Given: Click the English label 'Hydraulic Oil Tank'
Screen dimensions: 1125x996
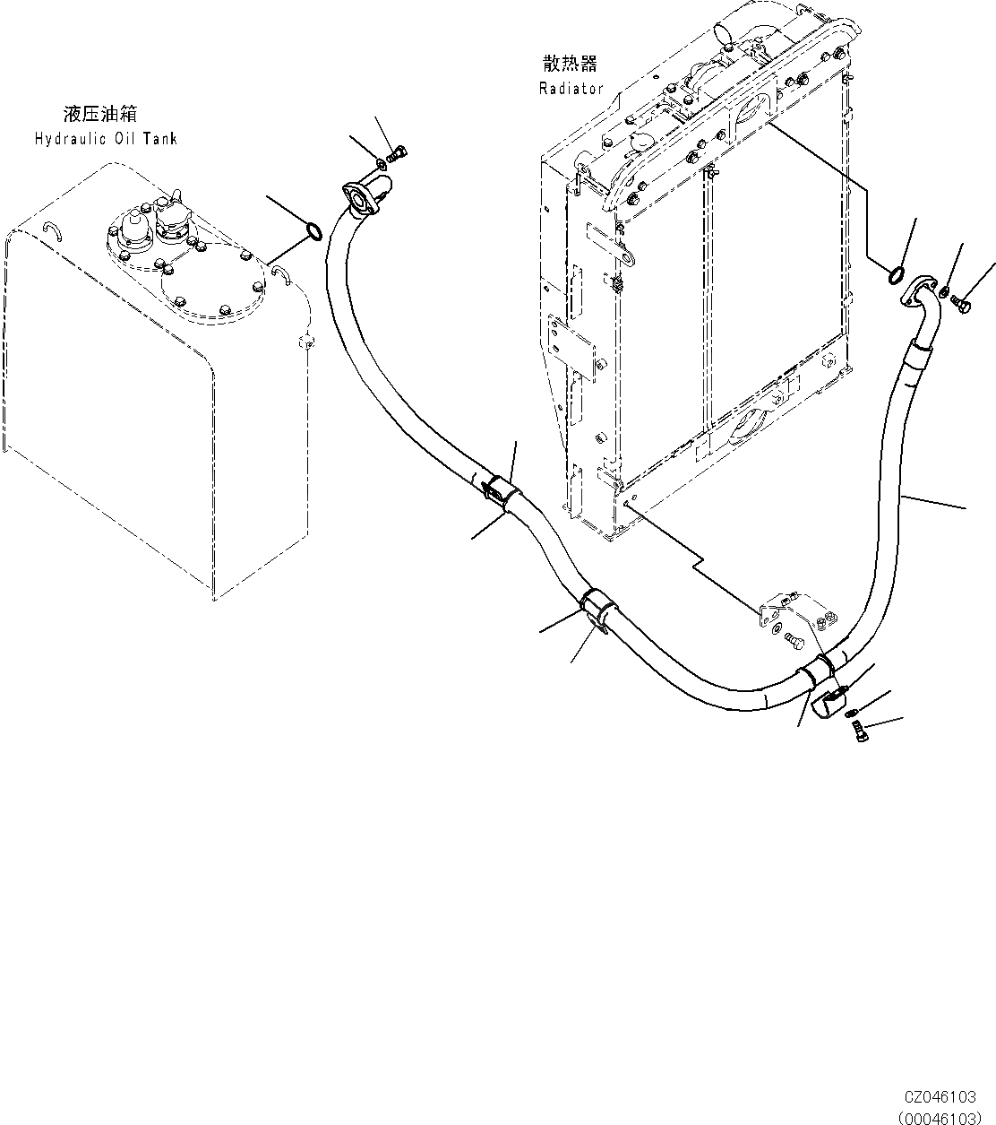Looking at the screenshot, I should pos(106,139).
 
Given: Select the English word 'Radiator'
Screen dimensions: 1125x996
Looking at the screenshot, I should pos(571,88).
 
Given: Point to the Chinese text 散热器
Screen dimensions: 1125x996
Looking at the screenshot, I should pos(570,64).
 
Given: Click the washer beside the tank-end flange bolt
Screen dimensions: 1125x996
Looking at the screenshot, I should pos(382,162).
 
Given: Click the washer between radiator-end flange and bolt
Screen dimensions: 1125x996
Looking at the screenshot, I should pos(945,291).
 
